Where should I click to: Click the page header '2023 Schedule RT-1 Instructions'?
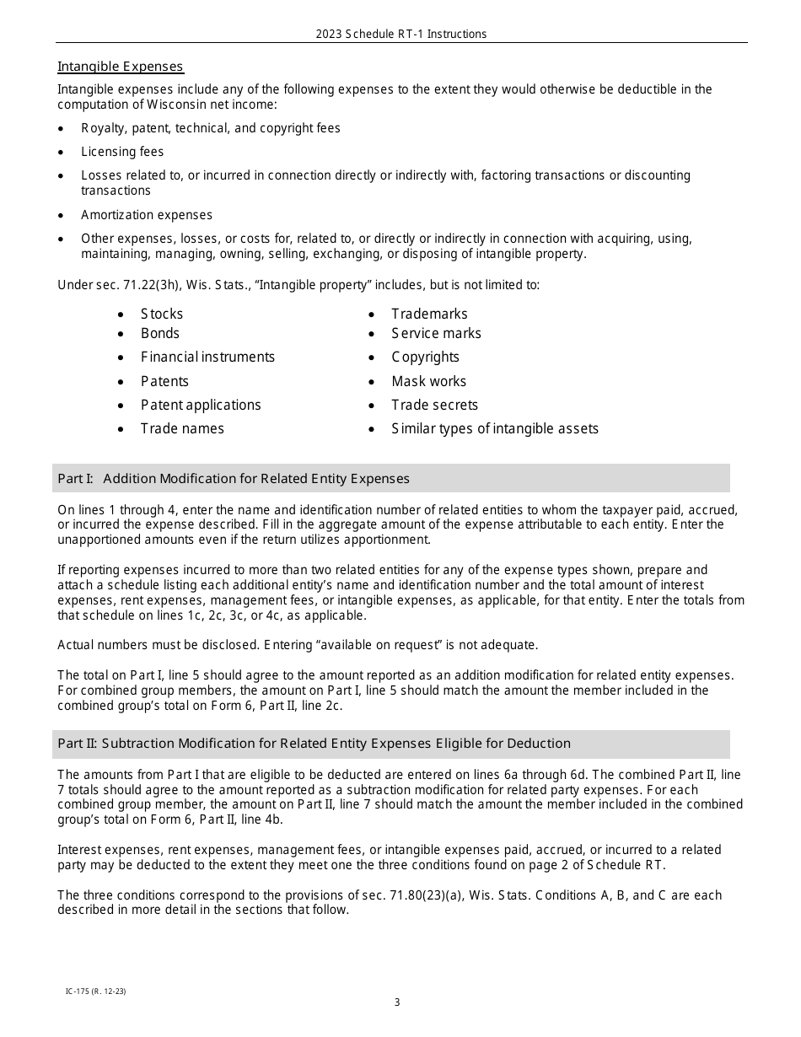[x=400, y=35]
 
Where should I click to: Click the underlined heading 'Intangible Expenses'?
[x=120, y=67]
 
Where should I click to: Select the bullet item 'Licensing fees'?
[x=122, y=152]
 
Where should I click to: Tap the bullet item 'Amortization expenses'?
[x=147, y=215]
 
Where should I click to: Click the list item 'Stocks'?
[x=161, y=314]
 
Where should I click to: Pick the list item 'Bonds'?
[x=159, y=333]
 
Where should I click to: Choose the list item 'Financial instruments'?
[x=207, y=357]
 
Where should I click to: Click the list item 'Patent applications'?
[x=201, y=405]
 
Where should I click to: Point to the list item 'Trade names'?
[x=182, y=428]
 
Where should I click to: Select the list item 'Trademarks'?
[x=429, y=314]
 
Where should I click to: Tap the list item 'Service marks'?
[x=436, y=333]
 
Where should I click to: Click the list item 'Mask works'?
[x=428, y=381]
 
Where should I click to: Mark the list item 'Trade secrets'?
[x=434, y=405]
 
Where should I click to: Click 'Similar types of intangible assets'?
[x=494, y=428]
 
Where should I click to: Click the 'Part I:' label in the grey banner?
[x=75, y=479]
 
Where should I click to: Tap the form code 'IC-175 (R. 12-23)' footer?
[x=95, y=991]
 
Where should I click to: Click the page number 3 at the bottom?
[x=397, y=1002]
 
